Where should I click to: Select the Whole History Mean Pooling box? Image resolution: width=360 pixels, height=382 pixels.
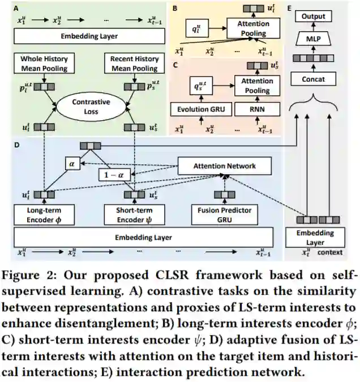tap(44, 64)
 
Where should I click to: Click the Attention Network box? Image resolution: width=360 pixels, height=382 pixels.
tap(224, 166)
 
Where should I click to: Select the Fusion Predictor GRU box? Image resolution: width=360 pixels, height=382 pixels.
tap(225, 214)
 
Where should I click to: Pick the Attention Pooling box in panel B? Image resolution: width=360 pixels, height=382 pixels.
tap(252, 29)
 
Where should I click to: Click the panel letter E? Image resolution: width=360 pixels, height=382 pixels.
tap(290, 9)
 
